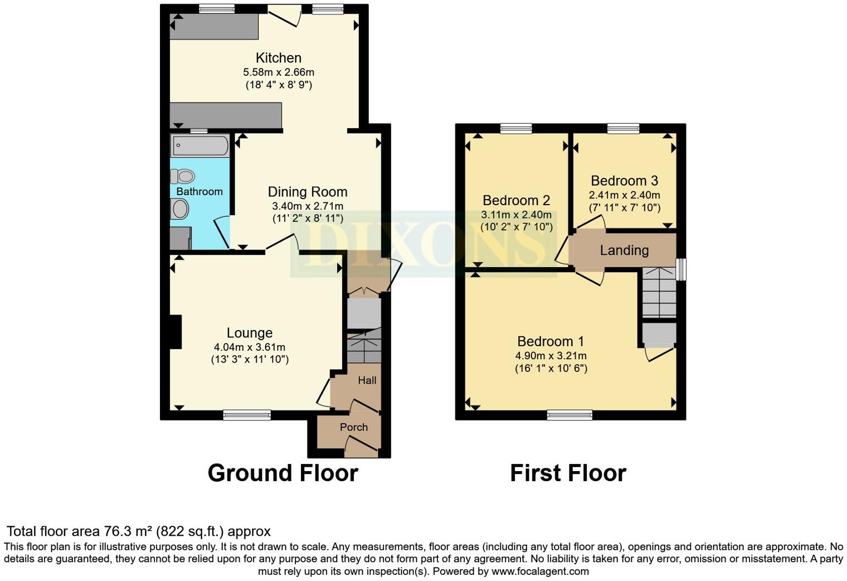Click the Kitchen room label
(x=279, y=57)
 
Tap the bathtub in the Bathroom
(x=199, y=146)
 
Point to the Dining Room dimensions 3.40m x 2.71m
(x=308, y=206)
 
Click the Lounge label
(x=249, y=333)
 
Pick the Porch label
(x=354, y=427)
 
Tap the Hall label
(x=367, y=380)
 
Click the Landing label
(x=624, y=250)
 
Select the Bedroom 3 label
(x=624, y=181)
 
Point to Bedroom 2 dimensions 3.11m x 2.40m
(x=516, y=215)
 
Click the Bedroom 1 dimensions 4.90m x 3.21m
(x=551, y=356)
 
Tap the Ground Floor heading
(x=283, y=473)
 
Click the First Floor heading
(x=568, y=473)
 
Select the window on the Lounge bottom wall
(x=247, y=414)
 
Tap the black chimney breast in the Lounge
(x=176, y=332)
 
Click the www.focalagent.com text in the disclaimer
(x=540, y=572)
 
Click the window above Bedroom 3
(x=623, y=129)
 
